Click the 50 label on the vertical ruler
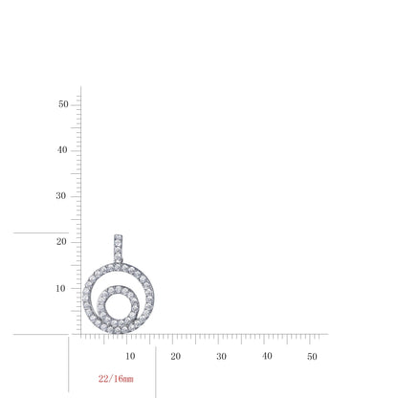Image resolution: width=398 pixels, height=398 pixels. point(63,104)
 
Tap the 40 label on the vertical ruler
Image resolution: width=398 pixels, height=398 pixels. point(62,150)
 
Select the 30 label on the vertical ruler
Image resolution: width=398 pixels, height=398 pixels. point(61,196)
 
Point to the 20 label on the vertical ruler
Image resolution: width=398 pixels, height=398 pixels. point(61,242)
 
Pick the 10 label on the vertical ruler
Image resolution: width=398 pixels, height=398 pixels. point(60,289)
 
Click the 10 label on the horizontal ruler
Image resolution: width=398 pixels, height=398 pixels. point(130,356)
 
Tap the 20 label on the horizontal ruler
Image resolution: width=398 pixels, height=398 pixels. point(176,356)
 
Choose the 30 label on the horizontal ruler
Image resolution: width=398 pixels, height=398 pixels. point(221,356)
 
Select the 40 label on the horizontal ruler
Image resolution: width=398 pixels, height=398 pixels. point(267,356)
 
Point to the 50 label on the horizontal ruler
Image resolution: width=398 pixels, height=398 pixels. point(312,357)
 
